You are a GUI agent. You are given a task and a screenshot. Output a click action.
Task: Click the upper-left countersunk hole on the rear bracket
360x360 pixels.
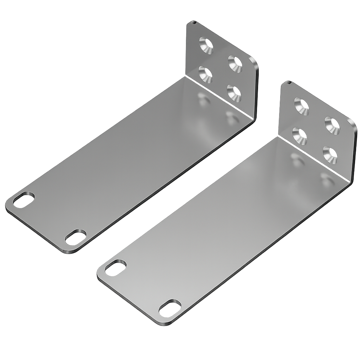pyautogui.click(x=206, y=45)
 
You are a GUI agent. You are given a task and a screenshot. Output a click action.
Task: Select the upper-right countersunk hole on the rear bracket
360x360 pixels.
pyautogui.click(x=235, y=64)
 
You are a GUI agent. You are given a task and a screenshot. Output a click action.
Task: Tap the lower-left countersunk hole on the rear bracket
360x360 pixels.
pyautogui.click(x=205, y=74)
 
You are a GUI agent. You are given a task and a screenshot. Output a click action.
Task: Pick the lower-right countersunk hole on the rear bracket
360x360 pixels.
pyautogui.click(x=234, y=93)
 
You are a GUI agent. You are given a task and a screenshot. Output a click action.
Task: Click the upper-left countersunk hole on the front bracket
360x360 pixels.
pyautogui.click(x=301, y=106)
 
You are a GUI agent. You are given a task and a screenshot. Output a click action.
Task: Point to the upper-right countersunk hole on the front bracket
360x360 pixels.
pyautogui.click(x=332, y=126)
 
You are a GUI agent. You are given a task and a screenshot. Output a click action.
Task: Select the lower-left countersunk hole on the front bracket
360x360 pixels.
pyautogui.click(x=300, y=136)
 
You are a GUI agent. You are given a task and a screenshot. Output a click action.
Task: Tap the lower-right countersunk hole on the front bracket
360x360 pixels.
pyautogui.click(x=330, y=155)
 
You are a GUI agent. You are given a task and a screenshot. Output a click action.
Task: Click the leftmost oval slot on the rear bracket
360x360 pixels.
pyautogui.click(x=24, y=200)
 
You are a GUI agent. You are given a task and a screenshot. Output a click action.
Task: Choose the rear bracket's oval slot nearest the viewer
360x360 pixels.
pyautogui.click(x=76, y=237)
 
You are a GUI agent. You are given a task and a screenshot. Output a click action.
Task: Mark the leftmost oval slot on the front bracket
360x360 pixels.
pyautogui.click(x=116, y=268)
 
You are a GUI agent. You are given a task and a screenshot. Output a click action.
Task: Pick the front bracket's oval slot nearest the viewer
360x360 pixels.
pyautogui.click(x=170, y=308)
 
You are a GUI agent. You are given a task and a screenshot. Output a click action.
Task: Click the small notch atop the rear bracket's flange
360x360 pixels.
pyautogui.click(x=193, y=22)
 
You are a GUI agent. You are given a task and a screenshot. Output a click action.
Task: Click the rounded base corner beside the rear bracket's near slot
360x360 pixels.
pyautogui.click(x=67, y=251)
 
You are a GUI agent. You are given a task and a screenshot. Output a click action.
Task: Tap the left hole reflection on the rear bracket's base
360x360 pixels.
pyautogui.click(x=203, y=99)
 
